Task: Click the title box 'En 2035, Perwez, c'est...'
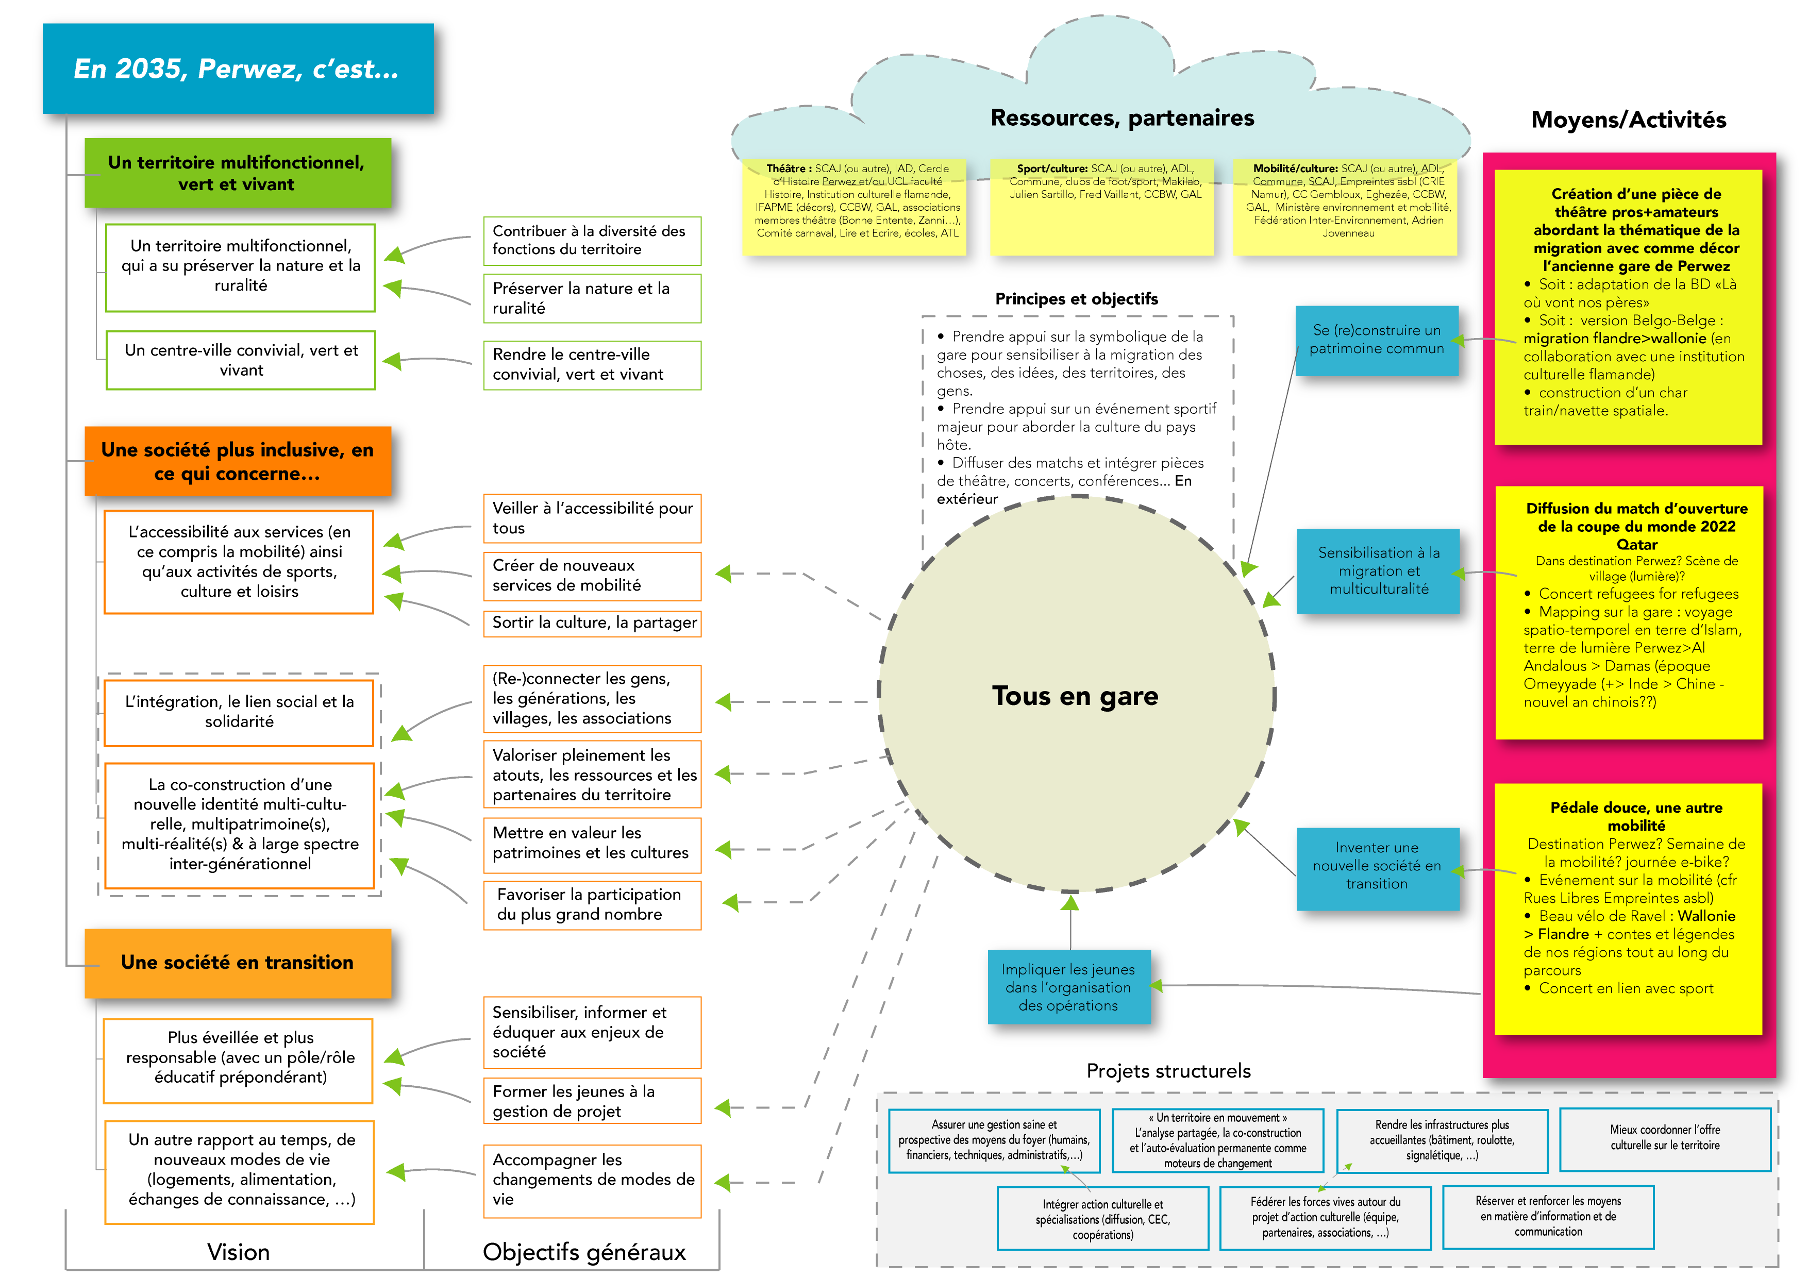(x=237, y=69)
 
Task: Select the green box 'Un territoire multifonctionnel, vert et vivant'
(x=237, y=173)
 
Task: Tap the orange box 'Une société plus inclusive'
(x=237, y=461)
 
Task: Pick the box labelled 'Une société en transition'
(x=237, y=962)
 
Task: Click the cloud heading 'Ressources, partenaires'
(x=1122, y=118)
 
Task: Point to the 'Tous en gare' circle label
(x=1075, y=696)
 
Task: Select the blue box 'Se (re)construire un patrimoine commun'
(x=1377, y=340)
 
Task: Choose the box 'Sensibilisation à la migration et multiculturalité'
(x=1378, y=571)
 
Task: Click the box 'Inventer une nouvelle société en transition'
(x=1377, y=866)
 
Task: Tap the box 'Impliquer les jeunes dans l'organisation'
(x=1068, y=987)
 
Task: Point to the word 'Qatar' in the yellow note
(x=1636, y=545)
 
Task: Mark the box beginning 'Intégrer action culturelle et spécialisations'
(x=1102, y=1219)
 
